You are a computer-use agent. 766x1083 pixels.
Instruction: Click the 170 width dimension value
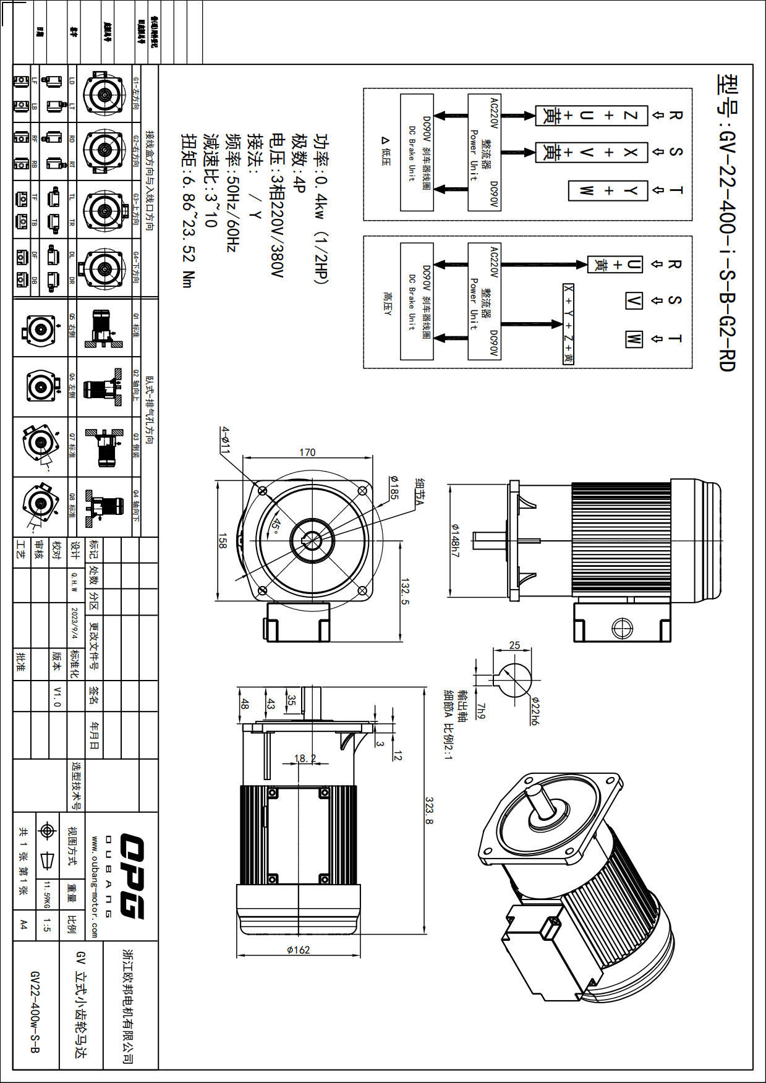coord(307,452)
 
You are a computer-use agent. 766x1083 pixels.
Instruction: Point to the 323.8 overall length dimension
coord(429,810)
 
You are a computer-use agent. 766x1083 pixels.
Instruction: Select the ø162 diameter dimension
coord(298,949)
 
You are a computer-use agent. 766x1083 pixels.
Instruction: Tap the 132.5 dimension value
coord(406,592)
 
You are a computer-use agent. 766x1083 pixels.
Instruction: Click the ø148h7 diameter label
coord(455,540)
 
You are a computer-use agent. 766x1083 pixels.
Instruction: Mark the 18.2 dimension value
coord(305,758)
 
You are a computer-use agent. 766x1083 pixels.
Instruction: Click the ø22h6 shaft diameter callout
coord(534,711)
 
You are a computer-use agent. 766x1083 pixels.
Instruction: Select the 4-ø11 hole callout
coord(226,440)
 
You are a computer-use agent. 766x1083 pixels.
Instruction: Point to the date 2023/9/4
coord(75,623)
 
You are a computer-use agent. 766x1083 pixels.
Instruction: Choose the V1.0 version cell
coord(57,696)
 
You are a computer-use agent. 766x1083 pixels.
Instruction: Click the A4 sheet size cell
coord(23,925)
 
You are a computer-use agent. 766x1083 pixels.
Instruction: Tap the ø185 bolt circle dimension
coord(394,487)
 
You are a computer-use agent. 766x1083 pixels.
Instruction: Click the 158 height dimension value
coord(223,541)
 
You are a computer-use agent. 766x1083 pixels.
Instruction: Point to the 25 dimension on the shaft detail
coord(514,645)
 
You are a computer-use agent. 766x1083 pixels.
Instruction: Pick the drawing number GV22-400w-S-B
coord(35,1011)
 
